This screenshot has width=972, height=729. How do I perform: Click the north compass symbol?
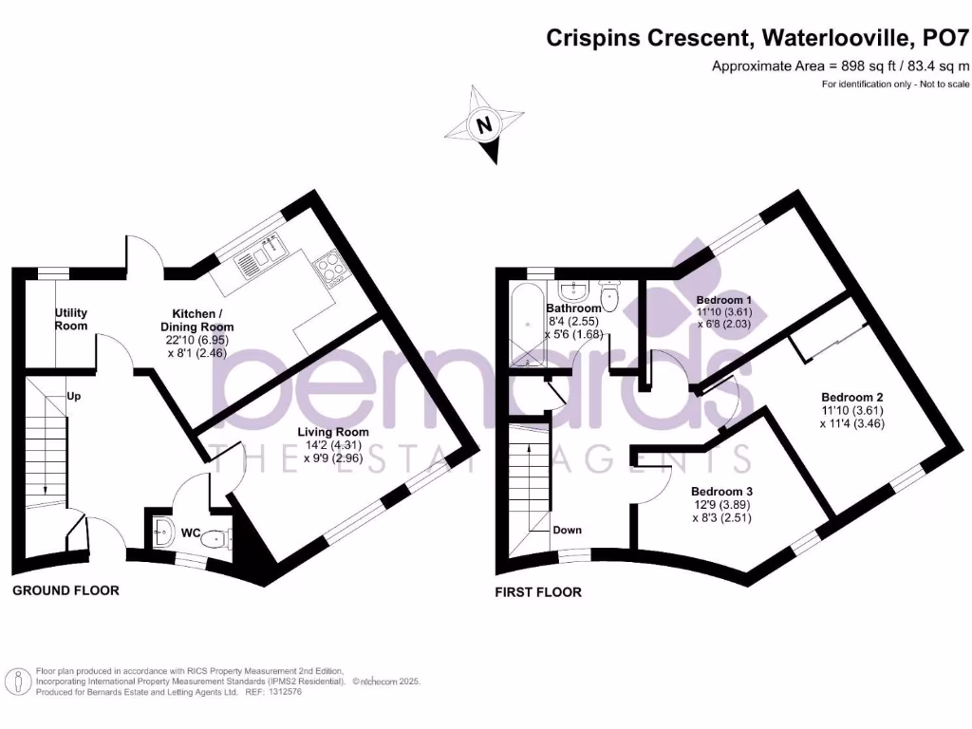tap(486, 125)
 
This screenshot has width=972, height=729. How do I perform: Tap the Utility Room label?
tap(71, 319)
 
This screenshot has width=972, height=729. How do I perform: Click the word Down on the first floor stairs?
tap(568, 530)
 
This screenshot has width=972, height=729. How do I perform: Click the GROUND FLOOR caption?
tap(65, 590)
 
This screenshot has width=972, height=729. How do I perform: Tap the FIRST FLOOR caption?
tap(538, 592)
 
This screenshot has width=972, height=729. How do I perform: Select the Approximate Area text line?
tap(840, 66)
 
